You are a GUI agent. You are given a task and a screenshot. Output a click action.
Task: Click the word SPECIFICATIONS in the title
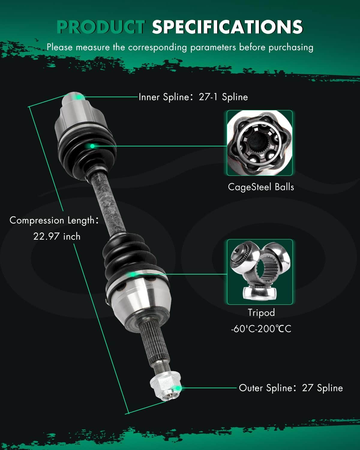[x=227, y=27]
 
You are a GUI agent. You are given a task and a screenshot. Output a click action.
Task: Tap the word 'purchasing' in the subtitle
[x=291, y=47]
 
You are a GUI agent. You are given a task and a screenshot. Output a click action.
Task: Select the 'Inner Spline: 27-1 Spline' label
[x=193, y=97]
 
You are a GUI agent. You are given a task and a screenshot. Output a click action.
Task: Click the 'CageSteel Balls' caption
[x=261, y=187]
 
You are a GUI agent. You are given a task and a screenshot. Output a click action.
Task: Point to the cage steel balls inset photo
[x=259, y=143]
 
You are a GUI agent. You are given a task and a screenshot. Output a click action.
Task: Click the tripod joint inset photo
[x=260, y=272]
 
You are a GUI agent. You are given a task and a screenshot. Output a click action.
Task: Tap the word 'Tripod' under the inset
[x=261, y=313]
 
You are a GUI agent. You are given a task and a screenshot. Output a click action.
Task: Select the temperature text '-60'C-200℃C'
[x=261, y=329]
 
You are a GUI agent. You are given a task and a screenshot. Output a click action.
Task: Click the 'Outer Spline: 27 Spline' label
[x=291, y=388]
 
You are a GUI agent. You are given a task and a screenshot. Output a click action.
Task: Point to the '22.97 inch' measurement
[x=57, y=236]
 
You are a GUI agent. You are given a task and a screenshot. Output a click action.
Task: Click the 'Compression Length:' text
[x=54, y=220]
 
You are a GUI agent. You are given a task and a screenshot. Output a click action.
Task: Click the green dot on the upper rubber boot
[x=92, y=146]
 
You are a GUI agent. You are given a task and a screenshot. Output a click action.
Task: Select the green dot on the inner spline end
[x=79, y=97]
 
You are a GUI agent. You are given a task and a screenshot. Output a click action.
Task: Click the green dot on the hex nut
[x=178, y=388]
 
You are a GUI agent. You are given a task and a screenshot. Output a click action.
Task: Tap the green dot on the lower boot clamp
[x=133, y=274]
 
